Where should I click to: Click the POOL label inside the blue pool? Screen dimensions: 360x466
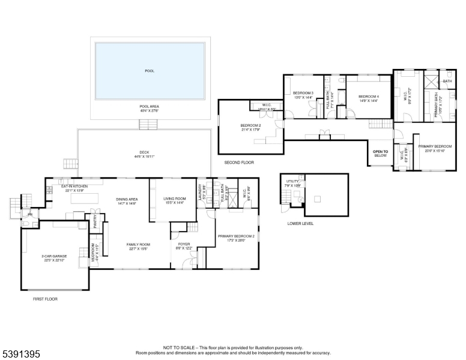[x=150, y=71]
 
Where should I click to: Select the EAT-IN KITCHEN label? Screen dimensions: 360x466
[x=75, y=187]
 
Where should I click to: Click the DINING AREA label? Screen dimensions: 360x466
[x=127, y=199]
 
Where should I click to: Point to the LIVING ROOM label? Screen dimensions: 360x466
[x=174, y=199]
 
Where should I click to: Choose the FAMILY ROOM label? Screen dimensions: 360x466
[x=138, y=244]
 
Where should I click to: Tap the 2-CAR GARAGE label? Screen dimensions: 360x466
[x=54, y=256]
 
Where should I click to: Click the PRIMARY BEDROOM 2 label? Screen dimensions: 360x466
[x=236, y=236]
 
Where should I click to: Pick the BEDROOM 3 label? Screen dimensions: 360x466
[x=303, y=93]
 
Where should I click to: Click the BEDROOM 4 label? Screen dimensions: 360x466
[x=368, y=97]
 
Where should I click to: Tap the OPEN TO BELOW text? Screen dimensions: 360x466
[x=381, y=153]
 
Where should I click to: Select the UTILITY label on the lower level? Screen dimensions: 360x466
[x=292, y=181]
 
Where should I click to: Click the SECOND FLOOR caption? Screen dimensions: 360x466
[x=239, y=163]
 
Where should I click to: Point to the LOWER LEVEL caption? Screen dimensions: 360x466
[x=300, y=224]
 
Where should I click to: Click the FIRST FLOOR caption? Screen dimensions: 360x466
[x=45, y=298]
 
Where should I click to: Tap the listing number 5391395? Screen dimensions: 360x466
[x=21, y=355]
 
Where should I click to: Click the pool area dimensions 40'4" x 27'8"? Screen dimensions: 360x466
[x=149, y=110]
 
